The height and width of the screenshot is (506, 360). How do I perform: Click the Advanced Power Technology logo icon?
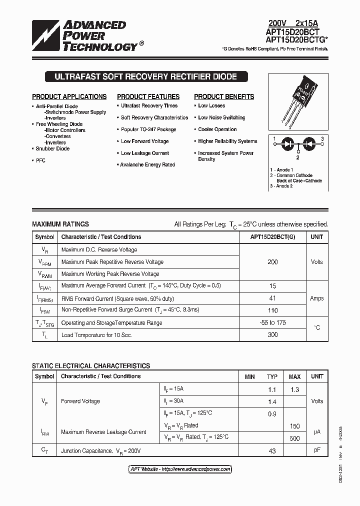pyautogui.click(x=45, y=36)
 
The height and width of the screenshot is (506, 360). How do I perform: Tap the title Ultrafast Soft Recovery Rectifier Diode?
pyautogui.click(x=141, y=77)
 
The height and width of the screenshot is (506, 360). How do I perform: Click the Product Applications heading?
pyautogui.click(x=69, y=96)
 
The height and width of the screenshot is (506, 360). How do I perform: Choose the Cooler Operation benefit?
pyautogui.click(x=217, y=129)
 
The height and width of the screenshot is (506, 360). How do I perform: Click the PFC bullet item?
pyautogui.click(x=40, y=160)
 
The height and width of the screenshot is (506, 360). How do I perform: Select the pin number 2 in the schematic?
pyautogui.click(x=297, y=157)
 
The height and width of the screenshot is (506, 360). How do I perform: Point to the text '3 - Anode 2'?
pyautogui.click(x=281, y=186)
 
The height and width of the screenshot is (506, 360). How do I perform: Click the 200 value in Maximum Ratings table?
pyautogui.click(x=272, y=262)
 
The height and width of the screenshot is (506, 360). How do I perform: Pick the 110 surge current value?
pyautogui.click(x=272, y=310)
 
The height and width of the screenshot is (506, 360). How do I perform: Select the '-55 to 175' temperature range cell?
pyautogui.click(x=272, y=322)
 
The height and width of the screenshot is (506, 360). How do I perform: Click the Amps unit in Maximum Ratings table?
pyautogui.click(x=316, y=298)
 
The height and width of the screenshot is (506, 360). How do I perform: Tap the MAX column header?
pyautogui.click(x=294, y=376)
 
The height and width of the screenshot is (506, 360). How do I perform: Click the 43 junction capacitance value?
pyautogui.click(x=272, y=451)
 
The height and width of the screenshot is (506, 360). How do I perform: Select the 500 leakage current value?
pyautogui.click(x=294, y=438)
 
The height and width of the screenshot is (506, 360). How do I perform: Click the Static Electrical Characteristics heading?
pyautogui.click(x=91, y=366)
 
